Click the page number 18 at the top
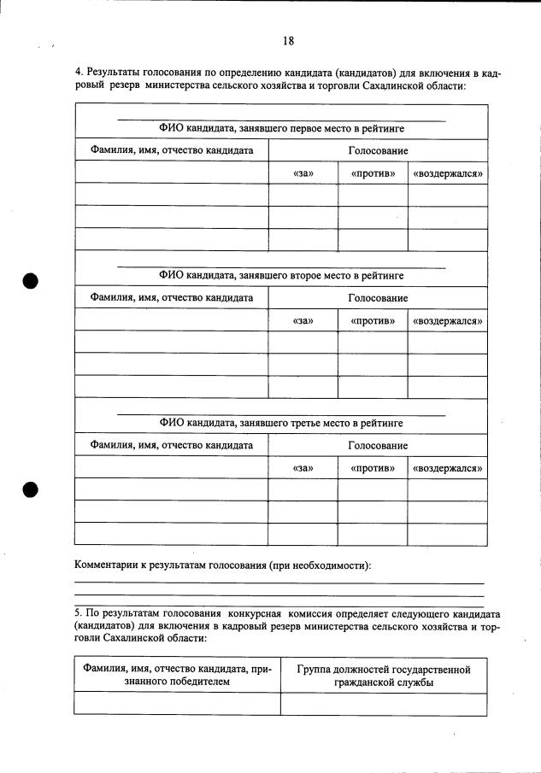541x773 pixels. [x=288, y=41]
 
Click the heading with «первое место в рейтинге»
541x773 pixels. [x=281, y=129]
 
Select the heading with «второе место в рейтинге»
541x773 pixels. [x=281, y=276]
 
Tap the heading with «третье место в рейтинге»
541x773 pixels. [x=281, y=423]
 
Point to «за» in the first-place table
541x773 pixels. [x=303, y=173]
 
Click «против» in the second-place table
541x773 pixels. [x=373, y=320]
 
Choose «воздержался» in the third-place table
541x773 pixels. [x=447, y=468]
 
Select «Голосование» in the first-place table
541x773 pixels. [x=377, y=151]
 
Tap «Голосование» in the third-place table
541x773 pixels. [x=377, y=446]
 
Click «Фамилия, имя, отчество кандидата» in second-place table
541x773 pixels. [x=172, y=298]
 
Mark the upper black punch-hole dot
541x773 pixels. [x=32, y=280]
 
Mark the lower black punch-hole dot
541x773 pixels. [x=32, y=489]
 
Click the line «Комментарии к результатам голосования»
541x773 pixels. [x=222, y=565]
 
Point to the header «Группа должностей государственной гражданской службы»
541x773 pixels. [x=384, y=676]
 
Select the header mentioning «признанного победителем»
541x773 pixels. [x=177, y=676]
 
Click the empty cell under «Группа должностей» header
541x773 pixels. [x=384, y=704]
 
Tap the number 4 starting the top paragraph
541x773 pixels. [x=78, y=74]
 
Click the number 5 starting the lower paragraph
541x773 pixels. [x=78, y=613]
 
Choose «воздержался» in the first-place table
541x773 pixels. [x=447, y=173]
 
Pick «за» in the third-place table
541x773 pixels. [x=303, y=468]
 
